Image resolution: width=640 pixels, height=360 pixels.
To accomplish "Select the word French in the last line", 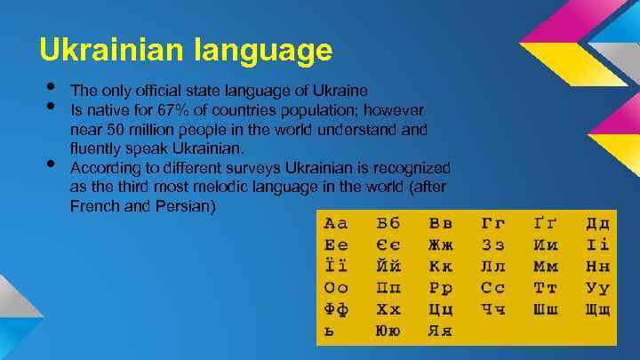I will pyautogui.click(x=93, y=206).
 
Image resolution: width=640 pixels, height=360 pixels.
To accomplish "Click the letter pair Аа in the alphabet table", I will pyautogui.click(x=336, y=223).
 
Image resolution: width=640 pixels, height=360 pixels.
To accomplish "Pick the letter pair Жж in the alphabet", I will pyautogui.click(x=440, y=244).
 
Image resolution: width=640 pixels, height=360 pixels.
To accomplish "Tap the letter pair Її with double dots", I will pyautogui.click(x=336, y=266).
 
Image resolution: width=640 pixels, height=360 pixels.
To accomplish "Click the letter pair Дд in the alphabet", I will pyautogui.click(x=597, y=223).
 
